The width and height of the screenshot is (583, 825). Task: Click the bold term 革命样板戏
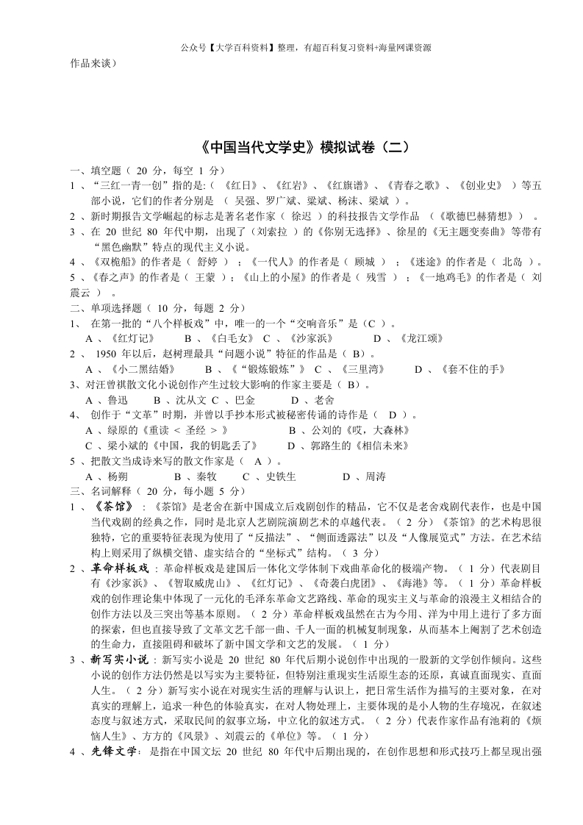121,568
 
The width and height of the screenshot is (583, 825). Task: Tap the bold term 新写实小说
121,660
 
